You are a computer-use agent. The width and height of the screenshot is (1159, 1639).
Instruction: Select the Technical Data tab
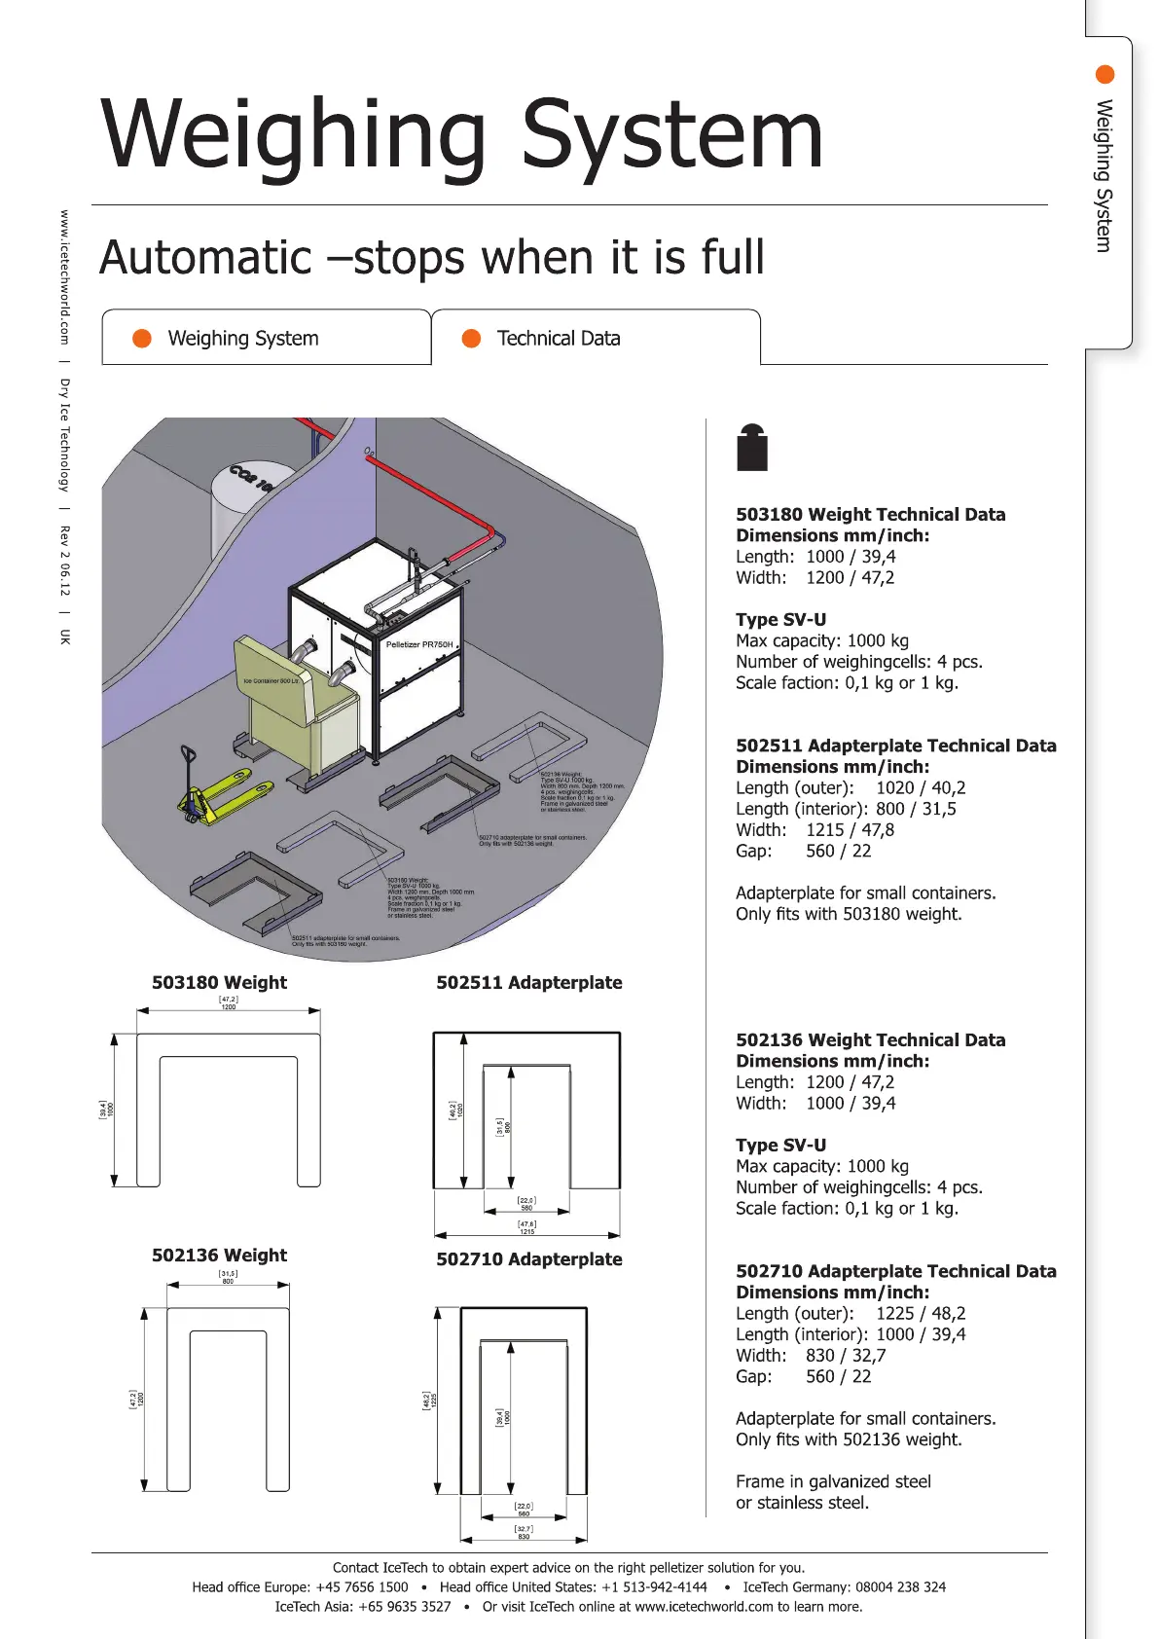point(558,339)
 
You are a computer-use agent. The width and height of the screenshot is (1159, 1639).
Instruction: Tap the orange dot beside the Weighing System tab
point(142,338)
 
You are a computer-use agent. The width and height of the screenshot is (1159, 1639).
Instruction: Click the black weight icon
point(752,449)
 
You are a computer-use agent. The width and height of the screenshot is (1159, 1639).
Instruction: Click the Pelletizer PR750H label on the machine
point(419,644)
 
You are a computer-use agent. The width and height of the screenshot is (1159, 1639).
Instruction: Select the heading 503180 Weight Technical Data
point(870,515)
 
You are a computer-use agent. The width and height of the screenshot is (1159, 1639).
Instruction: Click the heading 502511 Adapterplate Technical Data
point(895,746)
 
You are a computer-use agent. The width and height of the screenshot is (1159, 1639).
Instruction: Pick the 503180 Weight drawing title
point(219,983)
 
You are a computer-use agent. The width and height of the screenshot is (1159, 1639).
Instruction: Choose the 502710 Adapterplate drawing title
point(528,1259)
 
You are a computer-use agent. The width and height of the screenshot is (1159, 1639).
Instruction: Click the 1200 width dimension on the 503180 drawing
point(228,1006)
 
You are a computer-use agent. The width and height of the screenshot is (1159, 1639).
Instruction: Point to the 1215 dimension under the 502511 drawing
point(526,1231)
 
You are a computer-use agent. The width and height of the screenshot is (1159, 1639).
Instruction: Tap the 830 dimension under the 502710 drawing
point(524,1537)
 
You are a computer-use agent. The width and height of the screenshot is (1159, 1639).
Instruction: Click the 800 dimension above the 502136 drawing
point(228,1281)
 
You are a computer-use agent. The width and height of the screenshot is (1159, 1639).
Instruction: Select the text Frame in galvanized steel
point(833,1481)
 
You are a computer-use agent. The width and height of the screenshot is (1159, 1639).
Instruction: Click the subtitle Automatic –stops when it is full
point(432,258)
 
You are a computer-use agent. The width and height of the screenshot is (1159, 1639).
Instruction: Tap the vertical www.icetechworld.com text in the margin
point(65,276)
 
